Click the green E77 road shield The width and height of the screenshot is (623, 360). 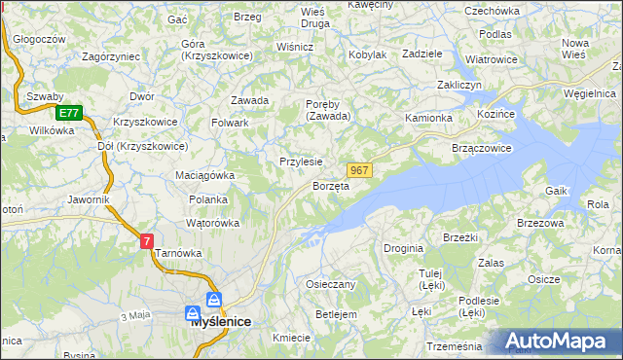click(x=67, y=113)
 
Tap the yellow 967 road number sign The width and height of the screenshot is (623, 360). click(x=358, y=170)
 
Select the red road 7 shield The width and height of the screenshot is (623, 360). click(x=146, y=240)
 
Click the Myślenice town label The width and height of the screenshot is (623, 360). click(x=220, y=321)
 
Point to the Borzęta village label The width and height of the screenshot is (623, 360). click(x=331, y=186)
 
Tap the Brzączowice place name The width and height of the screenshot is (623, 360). click(x=482, y=148)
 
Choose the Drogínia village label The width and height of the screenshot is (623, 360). click(x=403, y=248)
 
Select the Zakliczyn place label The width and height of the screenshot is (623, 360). click(x=459, y=86)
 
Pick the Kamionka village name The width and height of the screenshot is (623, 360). click(x=428, y=118)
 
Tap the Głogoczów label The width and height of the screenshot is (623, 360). click(x=40, y=39)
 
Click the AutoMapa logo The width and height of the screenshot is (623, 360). click(x=560, y=342)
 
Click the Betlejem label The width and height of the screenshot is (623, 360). click(x=337, y=314)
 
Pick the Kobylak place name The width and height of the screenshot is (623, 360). click(x=367, y=54)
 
